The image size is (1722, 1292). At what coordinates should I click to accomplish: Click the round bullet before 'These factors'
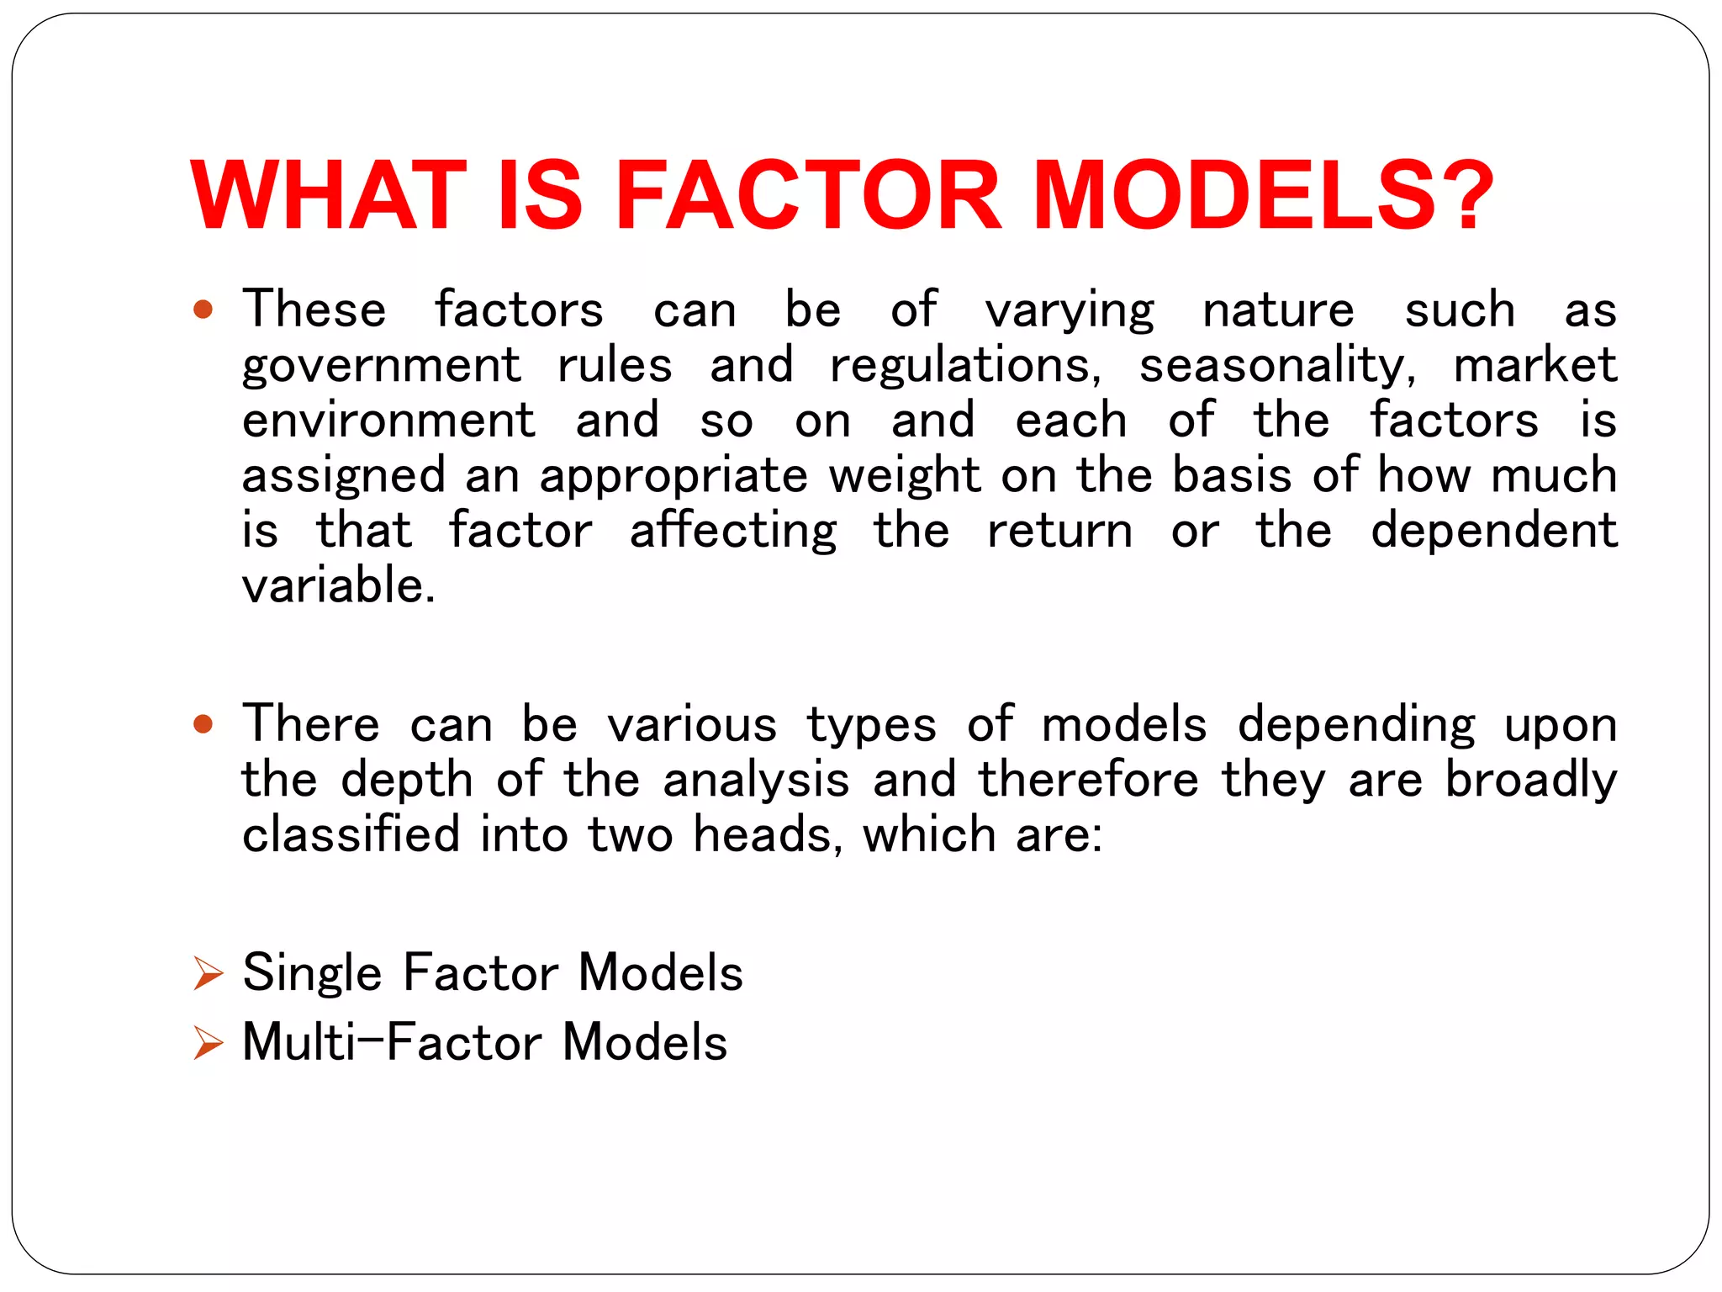(203, 310)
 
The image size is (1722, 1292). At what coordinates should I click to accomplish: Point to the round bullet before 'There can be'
(203, 724)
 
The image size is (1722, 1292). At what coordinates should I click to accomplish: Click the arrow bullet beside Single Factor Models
(208, 973)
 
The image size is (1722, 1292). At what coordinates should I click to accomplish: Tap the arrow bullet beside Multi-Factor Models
(208, 1043)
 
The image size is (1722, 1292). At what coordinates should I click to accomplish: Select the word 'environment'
(388, 421)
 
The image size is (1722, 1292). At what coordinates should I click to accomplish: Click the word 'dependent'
(1493, 532)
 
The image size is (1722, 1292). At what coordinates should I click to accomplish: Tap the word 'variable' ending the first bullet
(338, 585)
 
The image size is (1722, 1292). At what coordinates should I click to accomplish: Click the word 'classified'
(351, 834)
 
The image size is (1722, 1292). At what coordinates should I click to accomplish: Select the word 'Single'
(312, 974)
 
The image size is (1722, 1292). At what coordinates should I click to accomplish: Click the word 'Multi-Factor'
(392, 1043)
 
